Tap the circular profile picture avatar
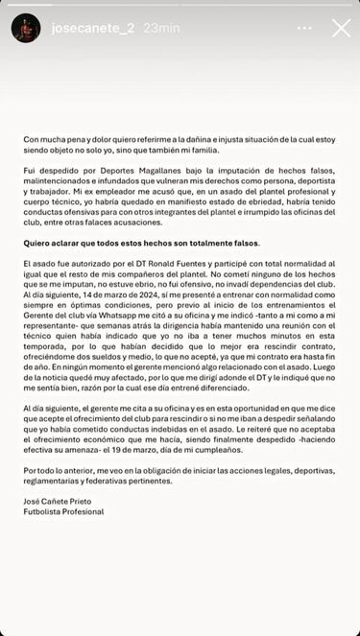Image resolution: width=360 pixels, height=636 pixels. (26, 28)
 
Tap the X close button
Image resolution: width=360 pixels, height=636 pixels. (341, 28)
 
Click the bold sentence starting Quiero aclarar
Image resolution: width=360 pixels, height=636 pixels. (141, 244)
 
